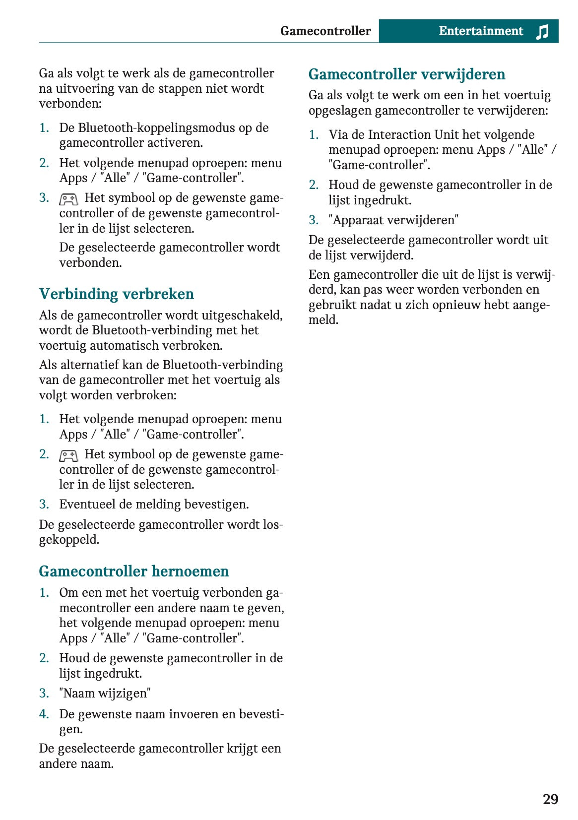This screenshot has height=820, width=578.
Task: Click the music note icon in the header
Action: pyautogui.click(x=542, y=32)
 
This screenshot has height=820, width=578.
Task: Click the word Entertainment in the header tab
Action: pyautogui.click(x=480, y=31)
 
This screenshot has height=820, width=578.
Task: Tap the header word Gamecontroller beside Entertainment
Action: pyautogui.click(x=325, y=31)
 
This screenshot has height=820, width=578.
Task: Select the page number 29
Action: pyautogui.click(x=550, y=799)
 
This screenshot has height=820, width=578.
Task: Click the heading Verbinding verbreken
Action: pyautogui.click(x=116, y=294)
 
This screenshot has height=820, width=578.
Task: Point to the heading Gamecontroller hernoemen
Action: pyautogui.click(x=133, y=571)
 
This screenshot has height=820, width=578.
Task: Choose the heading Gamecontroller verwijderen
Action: pyautogui.click(x=406, y=74)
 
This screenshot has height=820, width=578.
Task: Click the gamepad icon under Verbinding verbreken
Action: pyautogui.click(x=68, y=455)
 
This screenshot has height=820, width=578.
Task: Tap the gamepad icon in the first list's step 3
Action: pyautogui.click(x=68, y=199)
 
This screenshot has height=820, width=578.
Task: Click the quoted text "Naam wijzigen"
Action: pyautogui.click(x=105, y=694)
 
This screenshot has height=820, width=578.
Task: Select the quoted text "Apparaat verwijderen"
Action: pyautogui.click(x=393, y=220)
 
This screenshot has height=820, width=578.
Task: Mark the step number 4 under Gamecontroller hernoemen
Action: pyautogui.click(x=44, y=714)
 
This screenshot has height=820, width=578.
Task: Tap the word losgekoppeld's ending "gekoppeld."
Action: pyautogui.click(x=69, y=540)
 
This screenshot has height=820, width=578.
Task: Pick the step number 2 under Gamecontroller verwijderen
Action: pyautogui.click(x=313, y=185)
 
